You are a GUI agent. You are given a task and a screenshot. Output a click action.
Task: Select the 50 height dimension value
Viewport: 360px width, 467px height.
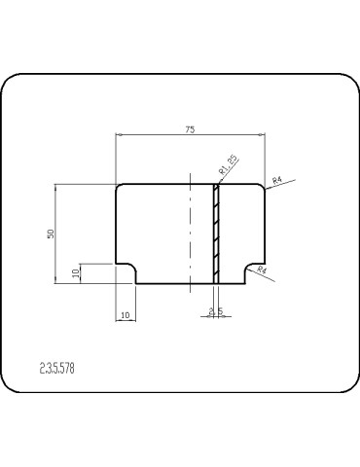click(x=51, y=233)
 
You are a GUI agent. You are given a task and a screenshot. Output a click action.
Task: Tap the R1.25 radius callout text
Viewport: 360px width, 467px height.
click(x=229, y=164)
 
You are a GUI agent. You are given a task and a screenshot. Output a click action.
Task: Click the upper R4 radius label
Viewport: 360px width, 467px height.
click(x=276, y=180)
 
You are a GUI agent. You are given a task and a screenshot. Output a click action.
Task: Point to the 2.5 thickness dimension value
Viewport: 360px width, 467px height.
click(x=216, y=311)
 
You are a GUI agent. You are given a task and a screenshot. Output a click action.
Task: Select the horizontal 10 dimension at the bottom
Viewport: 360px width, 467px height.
click(x=126, y=314)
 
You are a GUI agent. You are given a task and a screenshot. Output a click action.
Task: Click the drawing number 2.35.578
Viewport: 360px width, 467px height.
click(x=57, y=369)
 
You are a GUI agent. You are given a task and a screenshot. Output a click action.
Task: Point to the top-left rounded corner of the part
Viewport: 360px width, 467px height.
click(x=118, y=187)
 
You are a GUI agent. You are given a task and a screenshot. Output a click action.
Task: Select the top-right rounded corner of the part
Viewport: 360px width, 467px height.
click(x=262, y=187)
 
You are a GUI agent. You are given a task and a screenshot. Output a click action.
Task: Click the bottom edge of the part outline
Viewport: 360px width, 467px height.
click(x=190, y=283)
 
